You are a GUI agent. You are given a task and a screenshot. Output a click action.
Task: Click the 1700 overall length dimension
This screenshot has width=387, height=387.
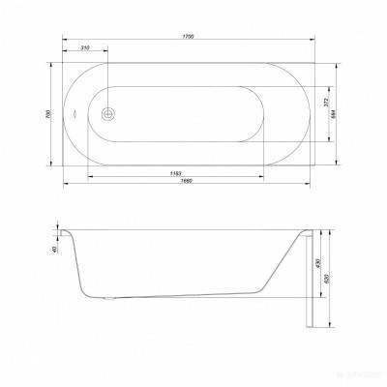pyautogui.click(x=189, y=37)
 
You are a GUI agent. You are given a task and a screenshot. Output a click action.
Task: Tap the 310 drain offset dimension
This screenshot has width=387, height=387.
pyautogui.click(x=86, y=47)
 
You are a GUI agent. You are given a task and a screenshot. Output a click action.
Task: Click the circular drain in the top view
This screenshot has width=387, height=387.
pyautogui.click(x=109, y=112)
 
